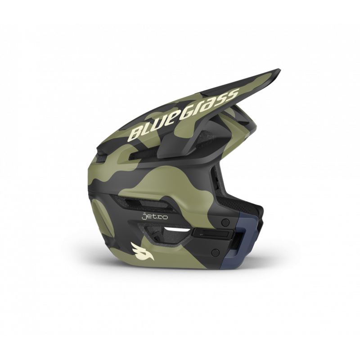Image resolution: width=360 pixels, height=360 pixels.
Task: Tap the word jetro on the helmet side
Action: point(155,217)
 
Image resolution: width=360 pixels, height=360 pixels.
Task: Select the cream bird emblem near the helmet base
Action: point(141,248)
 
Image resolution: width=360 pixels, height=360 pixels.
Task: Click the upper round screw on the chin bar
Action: point(225,222)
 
